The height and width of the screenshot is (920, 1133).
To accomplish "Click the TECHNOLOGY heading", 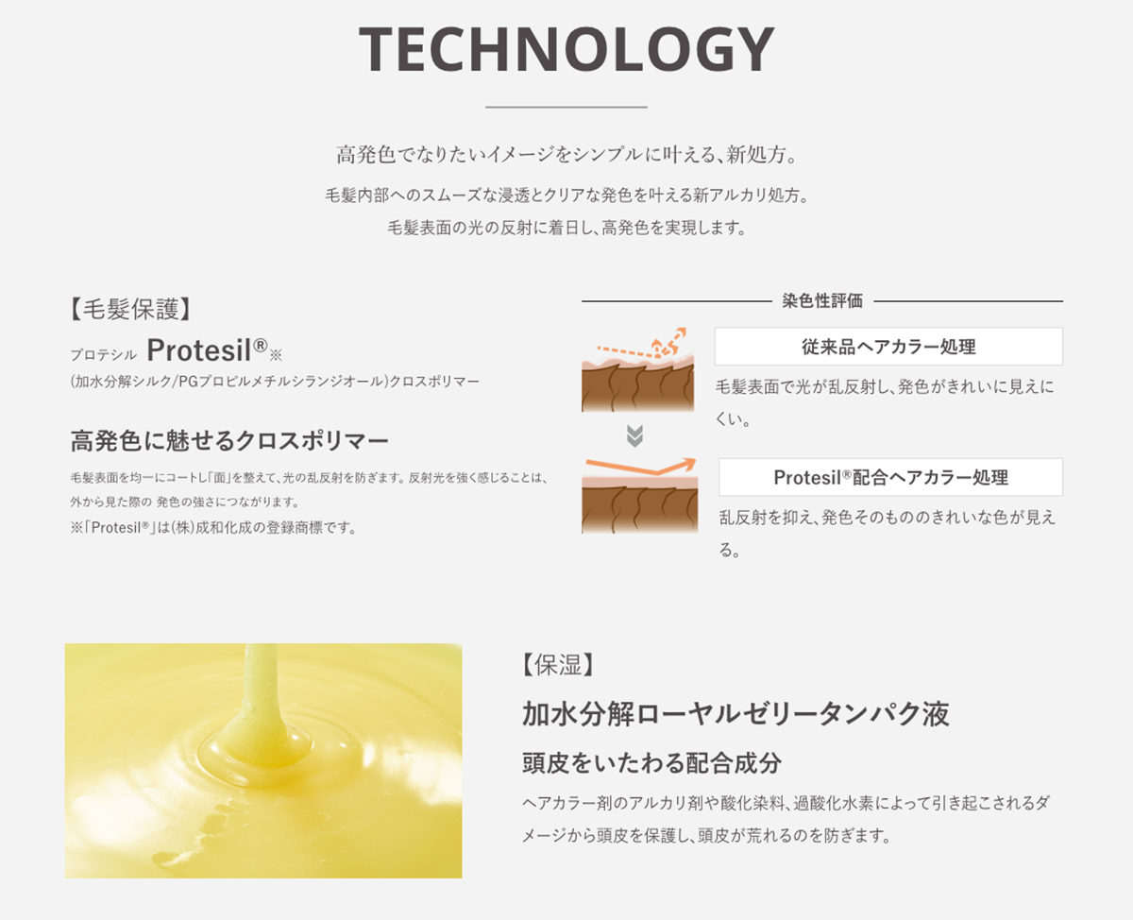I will [x=566, y=49].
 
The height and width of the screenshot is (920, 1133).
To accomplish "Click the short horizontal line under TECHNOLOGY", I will [x=566, y=107].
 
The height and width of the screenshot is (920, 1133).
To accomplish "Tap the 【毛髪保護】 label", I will [x=131, y=309].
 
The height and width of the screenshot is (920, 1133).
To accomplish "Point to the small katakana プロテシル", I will [x=104, y=354].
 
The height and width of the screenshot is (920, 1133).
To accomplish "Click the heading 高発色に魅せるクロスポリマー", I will [x=229, y=440].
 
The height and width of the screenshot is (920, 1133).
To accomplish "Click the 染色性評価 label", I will [x=822, y=301].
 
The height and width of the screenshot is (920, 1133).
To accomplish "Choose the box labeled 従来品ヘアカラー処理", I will [x=888, y=347].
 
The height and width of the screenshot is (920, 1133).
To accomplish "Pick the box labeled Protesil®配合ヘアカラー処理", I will [x=889, y=477].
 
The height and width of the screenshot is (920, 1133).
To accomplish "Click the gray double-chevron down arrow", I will [x=635, y=435].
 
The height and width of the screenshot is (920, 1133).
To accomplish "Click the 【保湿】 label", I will [x=557, y=665].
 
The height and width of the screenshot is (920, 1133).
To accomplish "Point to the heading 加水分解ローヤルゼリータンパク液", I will [x=736, y=713].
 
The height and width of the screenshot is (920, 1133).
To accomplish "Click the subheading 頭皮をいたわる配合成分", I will [x=651, y=762].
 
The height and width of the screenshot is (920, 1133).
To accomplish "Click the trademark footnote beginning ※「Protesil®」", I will [x=213, y=528].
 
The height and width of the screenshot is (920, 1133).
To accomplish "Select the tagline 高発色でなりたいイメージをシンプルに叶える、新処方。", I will [x=566, y=154].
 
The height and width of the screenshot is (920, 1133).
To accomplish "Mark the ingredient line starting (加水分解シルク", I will [x=275, y=382].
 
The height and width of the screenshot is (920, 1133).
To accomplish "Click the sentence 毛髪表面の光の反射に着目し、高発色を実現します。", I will [x=566, y=228].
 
